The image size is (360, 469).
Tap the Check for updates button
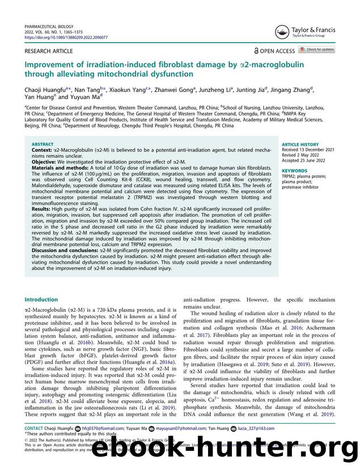tap(317, 50)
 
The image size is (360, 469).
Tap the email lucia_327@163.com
tap(256, 429)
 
